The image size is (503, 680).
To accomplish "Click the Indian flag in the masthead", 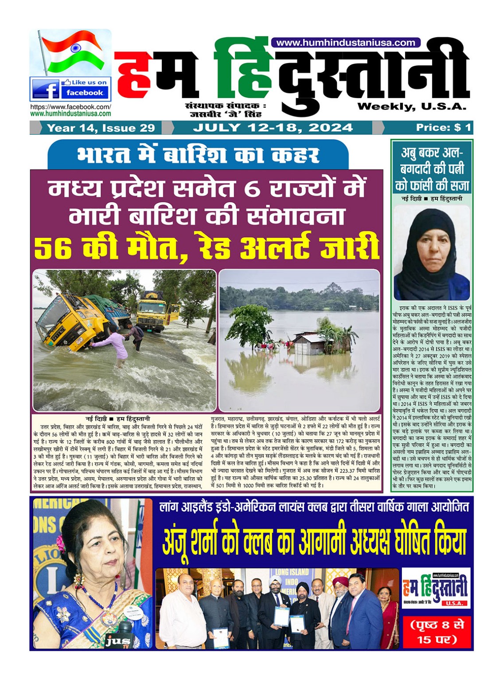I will tap(73, 52).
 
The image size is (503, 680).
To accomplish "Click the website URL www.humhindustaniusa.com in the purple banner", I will tap(345, 43).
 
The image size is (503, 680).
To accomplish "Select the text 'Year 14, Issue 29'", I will tap(101, 128).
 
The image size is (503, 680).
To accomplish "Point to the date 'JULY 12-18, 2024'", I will tap(273, 128).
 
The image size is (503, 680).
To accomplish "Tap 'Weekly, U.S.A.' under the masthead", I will tap(412, 106).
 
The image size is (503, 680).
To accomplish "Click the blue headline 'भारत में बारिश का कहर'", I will tap(198, 155).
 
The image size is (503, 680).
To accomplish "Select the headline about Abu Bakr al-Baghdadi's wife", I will tap(432, 169).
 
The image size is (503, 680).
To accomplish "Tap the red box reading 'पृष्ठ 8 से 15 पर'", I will tap(437, 632).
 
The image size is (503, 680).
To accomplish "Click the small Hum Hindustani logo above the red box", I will tap(436, 588).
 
